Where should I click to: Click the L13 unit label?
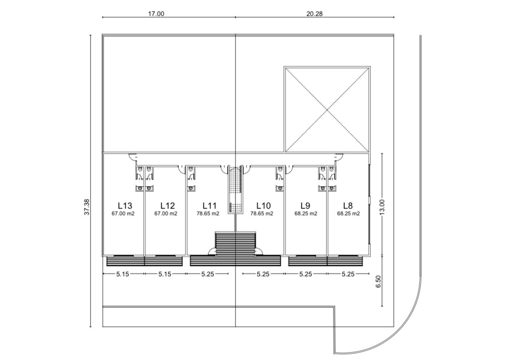tap(125, 205)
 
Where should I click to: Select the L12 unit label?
tap(167, 205)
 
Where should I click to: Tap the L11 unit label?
tap(209, 205)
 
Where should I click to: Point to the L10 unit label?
tap(264, 205)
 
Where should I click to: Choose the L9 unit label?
tap(305, 205)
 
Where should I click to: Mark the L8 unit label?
tap(348, 205)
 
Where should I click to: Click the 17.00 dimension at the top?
tap(156, 14)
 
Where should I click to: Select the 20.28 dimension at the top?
tap(315, 14)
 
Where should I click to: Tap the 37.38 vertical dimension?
tap(87, 207)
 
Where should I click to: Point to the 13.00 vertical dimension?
tap(382, 206)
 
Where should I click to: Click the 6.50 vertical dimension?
tap(378, 281)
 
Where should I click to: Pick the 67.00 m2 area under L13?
tap(123, 214)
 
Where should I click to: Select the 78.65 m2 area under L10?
tap(261, 214)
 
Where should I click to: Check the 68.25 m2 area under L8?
tap(348, 214)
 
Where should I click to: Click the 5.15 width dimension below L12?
tap(165, 274)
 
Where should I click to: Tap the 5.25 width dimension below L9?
tap(305, 274)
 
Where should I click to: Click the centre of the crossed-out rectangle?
tap(327, 110)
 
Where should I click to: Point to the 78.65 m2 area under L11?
tap(208, 214)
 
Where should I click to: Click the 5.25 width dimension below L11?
tap(207, 274)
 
